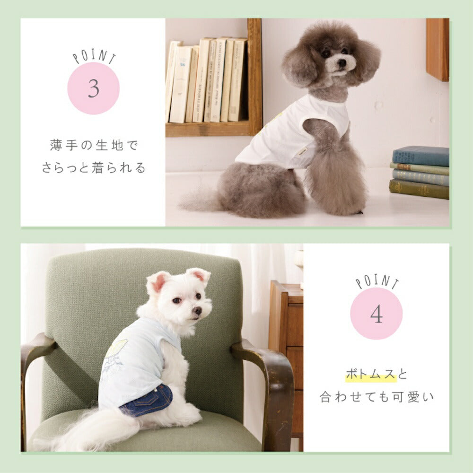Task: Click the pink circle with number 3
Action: tap(93, 88)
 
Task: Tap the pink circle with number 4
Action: tap(376, 314)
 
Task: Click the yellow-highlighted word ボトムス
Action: tap(370, 375)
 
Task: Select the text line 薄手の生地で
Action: tap(93, 145)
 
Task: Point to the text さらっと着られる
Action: tap(93, 168)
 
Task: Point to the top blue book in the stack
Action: tap(420, 156)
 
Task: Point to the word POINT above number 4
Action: tap(377, 282)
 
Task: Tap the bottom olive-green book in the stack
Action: tap(419, 190)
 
